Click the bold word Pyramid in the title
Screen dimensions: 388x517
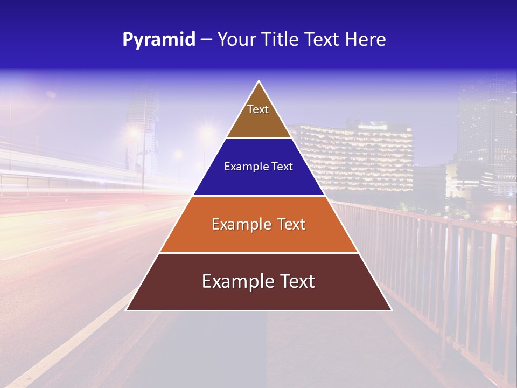[x=159, y=39]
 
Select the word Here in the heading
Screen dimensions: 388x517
[x=366, y=39]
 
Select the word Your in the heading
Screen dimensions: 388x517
[x=235, y=39]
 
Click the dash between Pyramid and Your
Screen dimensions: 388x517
[x=206, y=40]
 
